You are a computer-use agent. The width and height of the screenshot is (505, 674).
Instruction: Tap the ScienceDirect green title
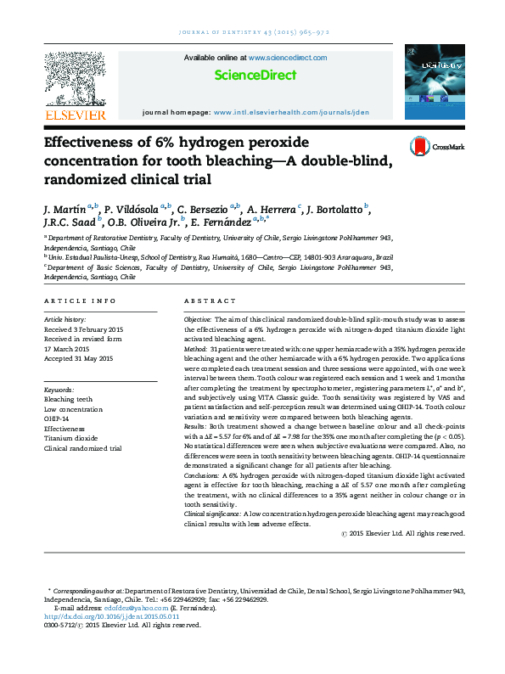tap(255, 76)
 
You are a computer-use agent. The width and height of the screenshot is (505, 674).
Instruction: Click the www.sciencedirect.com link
tap(288, 58)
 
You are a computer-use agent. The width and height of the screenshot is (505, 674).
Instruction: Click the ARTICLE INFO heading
tap(79, 301)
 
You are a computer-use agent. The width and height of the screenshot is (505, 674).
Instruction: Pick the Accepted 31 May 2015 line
tap(78, 359)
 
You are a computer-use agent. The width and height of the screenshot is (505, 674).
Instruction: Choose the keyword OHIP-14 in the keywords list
tap(58, 418)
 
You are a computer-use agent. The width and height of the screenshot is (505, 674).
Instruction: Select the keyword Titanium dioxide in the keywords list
tap(71, 438)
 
